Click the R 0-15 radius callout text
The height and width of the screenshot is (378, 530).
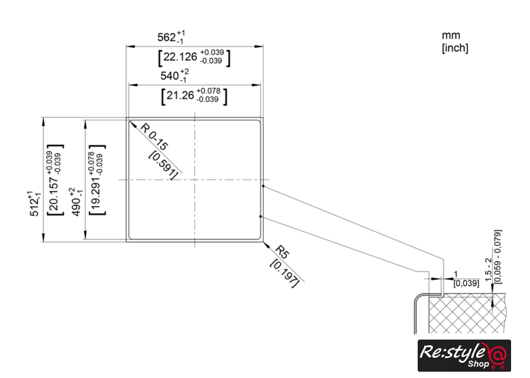click(x=154, y=137)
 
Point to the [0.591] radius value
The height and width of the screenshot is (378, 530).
click(x=163, y=165)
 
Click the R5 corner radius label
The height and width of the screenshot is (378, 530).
click(x=282, y=252)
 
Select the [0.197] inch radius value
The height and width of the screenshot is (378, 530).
click(x=285, y=273)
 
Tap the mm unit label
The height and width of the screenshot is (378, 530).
click(x=451, y=35)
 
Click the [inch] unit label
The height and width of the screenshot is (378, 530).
click(x=455, y=48)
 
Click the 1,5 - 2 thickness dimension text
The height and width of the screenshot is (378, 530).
click(x=489, y=270)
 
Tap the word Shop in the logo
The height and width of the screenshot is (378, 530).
click(x=478, y=364)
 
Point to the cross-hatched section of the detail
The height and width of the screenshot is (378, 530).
click(x=467, y=313)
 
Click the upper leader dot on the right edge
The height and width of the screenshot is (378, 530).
click(x=263, y=186)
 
